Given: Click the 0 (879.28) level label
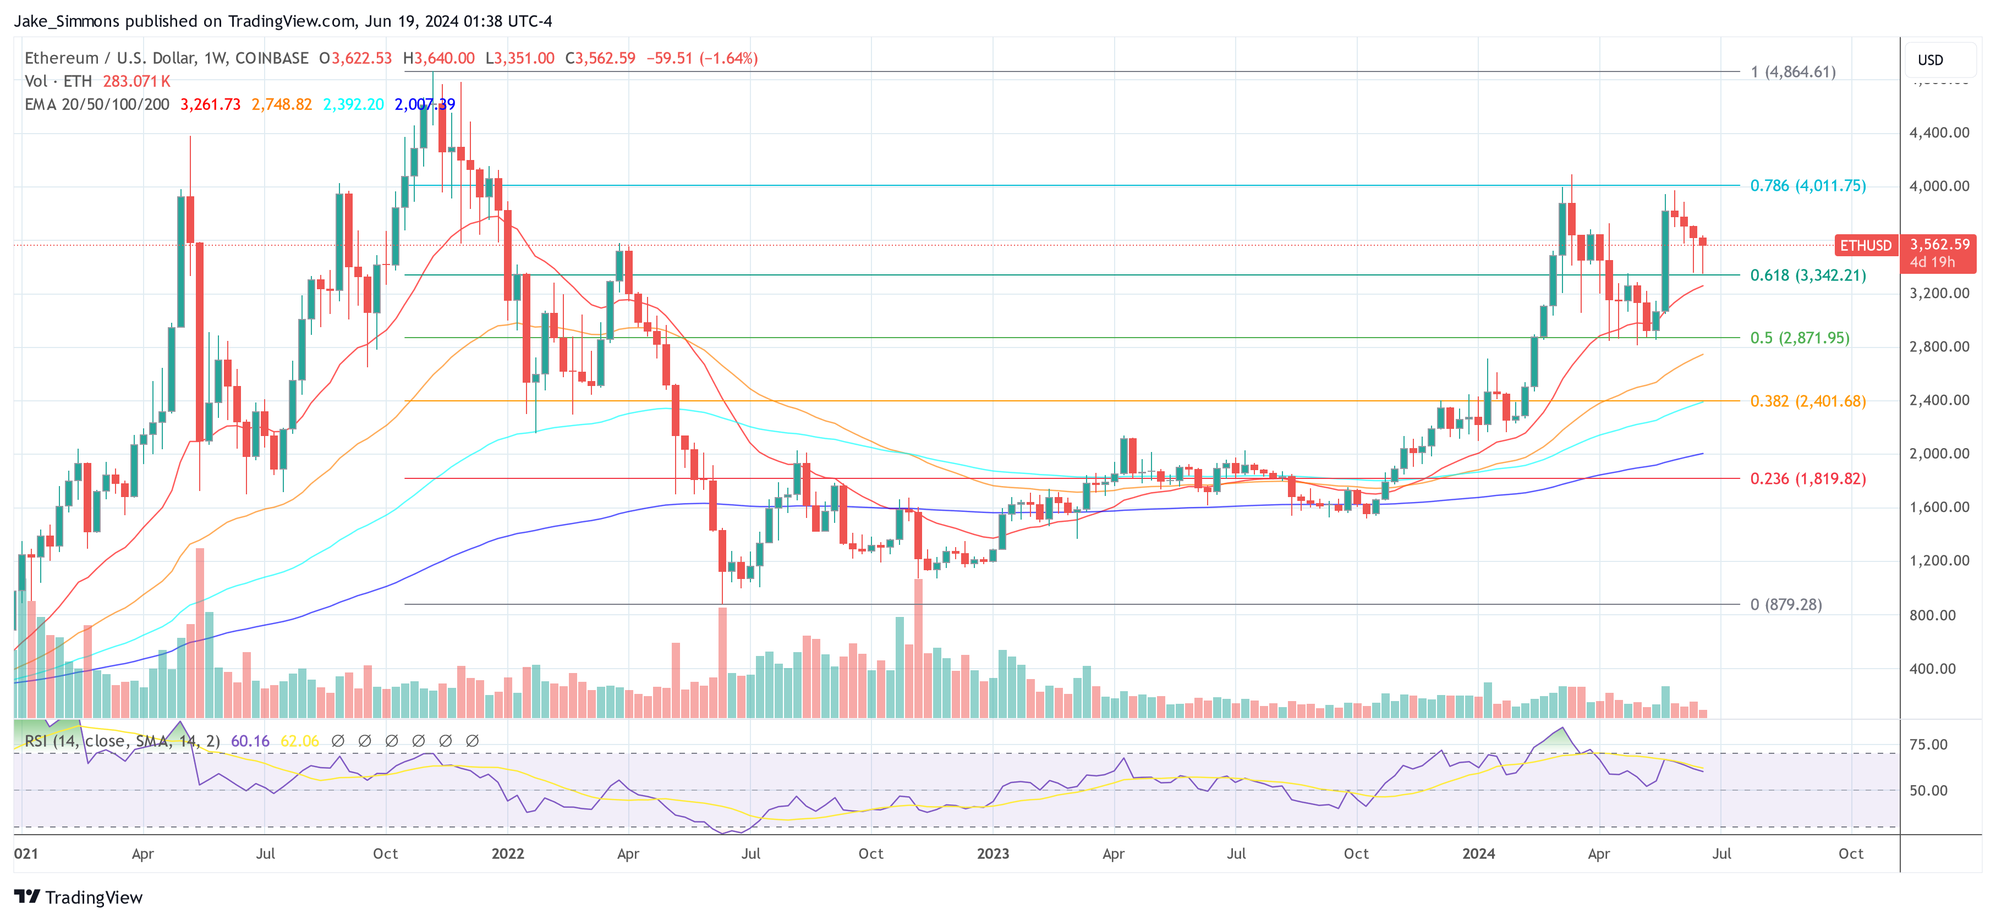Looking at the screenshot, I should [x=1785, y=604].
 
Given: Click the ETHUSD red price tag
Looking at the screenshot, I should [x=1865, y=246].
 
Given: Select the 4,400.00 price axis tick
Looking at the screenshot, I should [x=1939, y=133].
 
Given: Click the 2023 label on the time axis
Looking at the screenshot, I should [x=992, y=853].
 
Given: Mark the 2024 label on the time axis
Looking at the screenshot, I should [x=1478, y=853].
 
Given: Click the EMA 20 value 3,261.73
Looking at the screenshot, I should [x=210, y=104].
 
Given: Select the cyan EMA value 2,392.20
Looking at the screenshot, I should [x=353, y=104].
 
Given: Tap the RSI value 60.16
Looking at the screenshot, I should [x=250, y=741].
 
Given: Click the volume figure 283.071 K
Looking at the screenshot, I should [x=136, y=81].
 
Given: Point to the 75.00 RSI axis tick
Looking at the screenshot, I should [x=1928, y=744].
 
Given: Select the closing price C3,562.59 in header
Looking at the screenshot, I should [x=600, y=58].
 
